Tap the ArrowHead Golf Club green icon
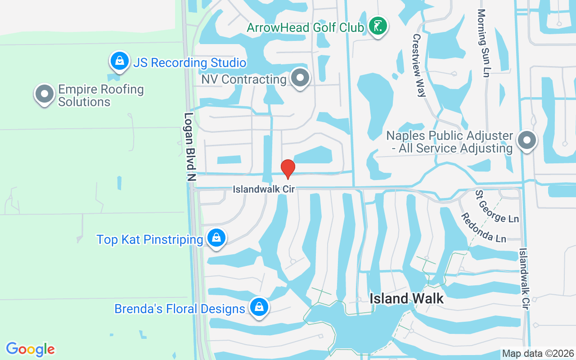click(378, 26)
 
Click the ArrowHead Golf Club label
click(305, 27)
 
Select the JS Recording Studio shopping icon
click(119, 60)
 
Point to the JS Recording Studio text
click(189, 63)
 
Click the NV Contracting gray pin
click(300, 78)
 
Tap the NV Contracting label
click(243, 80)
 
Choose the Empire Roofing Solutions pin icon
click(44, 94)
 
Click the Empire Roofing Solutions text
click(101, 95)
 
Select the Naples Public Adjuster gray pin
click(526, 140)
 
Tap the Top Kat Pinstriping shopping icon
click(216, 237)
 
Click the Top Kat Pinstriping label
click(149, 239)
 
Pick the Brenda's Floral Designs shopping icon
click(259, 307)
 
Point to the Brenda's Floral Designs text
click(180, 309)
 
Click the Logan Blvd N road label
click(190, 147)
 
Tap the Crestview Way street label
click(419, 65)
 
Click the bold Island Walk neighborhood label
click(407, 298)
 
